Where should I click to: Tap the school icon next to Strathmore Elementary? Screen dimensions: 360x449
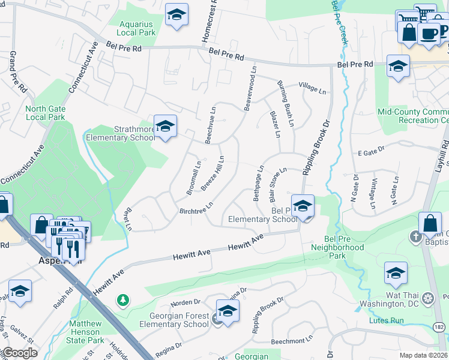coord(165,126)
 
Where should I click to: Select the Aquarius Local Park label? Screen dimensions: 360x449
coord(137,28)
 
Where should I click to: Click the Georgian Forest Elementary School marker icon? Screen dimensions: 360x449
coord(228,311)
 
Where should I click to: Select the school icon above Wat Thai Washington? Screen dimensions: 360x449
coord(396,273)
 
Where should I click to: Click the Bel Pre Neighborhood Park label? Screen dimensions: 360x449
coord(337,251)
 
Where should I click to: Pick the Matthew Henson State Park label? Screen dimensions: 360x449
coord(93,331)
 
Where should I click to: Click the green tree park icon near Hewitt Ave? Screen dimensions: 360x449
coord(123,299)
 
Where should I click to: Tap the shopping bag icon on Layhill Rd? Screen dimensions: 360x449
coord(430,223)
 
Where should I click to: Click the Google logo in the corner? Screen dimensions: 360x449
coord(19,353)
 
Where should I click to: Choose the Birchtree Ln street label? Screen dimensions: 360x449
coord(196,208)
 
